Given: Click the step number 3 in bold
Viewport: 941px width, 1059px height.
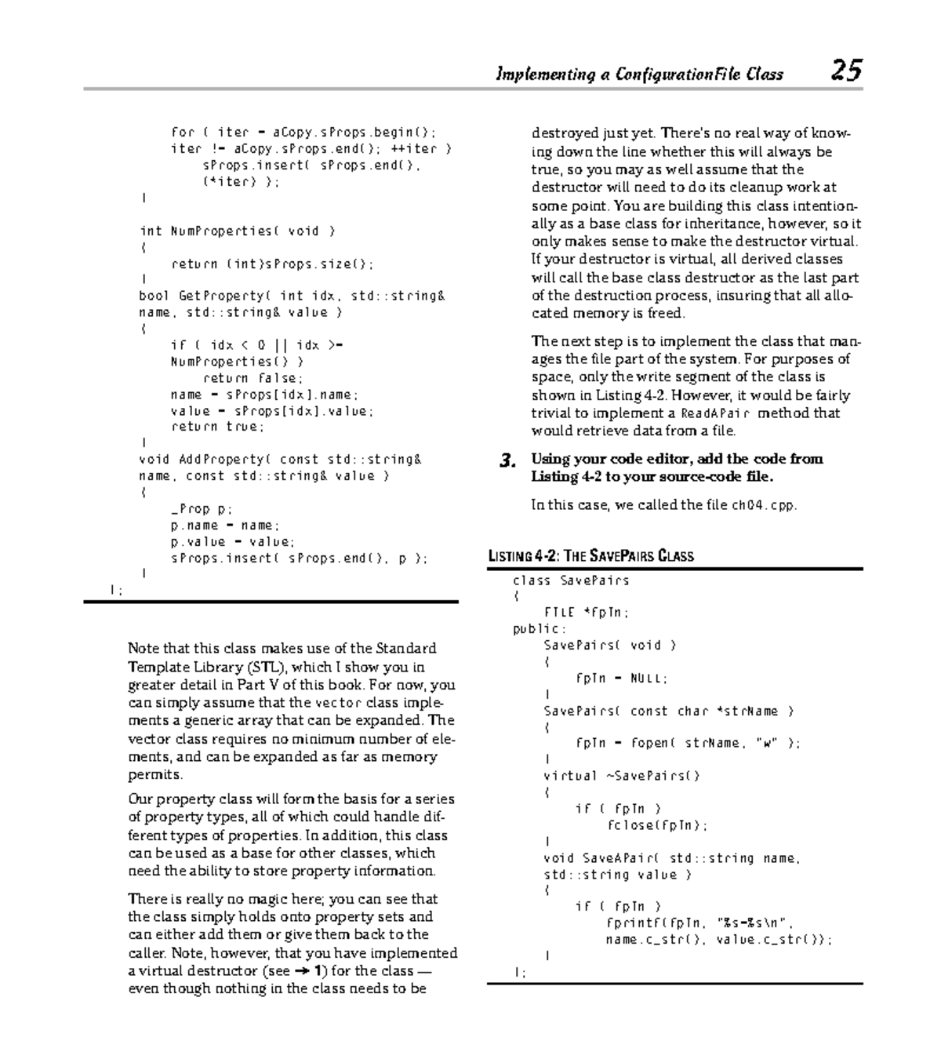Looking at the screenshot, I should [507, 460].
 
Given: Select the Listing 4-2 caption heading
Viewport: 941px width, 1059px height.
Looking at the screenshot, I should [590, 556].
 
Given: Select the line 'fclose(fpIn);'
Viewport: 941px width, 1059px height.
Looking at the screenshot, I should [656, 825].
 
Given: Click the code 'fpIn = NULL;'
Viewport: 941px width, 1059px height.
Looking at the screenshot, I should [621, 679].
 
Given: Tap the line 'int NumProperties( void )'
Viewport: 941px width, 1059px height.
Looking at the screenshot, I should [237, 231].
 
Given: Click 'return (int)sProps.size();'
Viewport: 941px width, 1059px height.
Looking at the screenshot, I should [272, 264].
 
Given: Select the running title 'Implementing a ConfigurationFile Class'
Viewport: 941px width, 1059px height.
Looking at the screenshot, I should [639, 75].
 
